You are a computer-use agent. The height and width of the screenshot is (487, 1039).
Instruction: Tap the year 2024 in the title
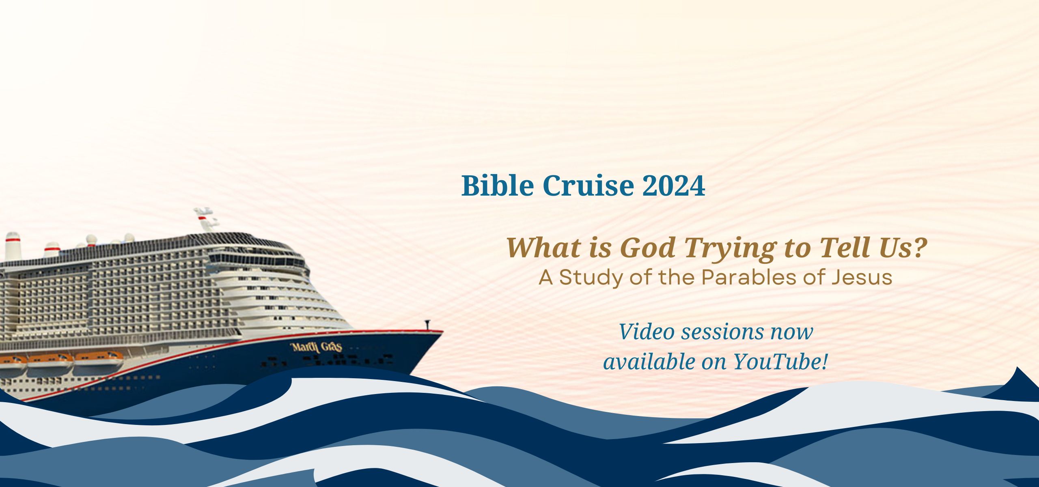point(674,186)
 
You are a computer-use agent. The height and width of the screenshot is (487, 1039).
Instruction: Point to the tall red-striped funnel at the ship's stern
point(13,246)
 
